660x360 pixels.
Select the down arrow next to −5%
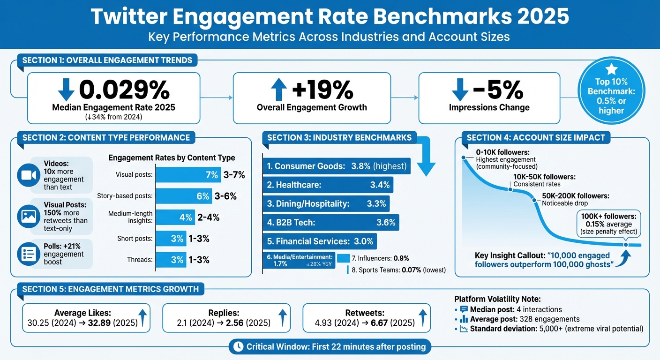460,89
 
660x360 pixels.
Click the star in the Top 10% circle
611,70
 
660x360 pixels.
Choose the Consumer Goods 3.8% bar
337,166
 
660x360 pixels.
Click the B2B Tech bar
331,223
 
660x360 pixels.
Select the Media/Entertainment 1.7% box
299,261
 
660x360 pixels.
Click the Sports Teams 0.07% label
398,270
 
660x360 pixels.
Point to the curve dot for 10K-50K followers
510,189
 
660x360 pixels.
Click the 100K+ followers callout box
607,223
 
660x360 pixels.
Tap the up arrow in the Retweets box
422,318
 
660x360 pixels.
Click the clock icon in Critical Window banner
238,347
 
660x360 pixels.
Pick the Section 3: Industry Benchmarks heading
339,137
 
